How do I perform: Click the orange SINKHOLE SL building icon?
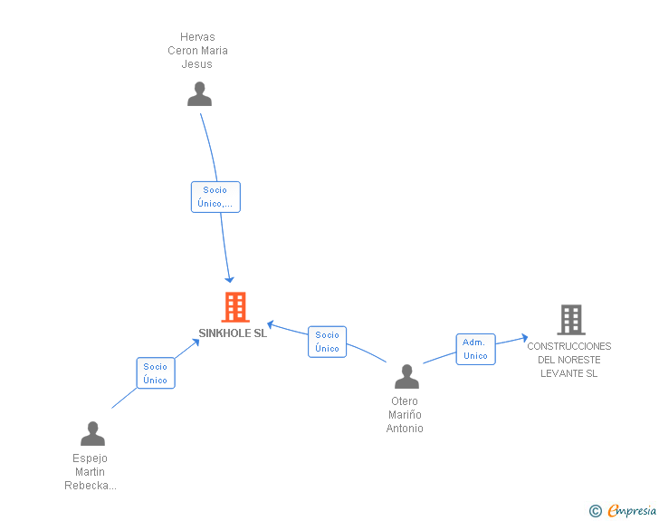(x=235, y=307)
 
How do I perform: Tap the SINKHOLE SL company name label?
(x=233, y=333)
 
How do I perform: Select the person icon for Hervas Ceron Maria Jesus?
(x=199, y=94)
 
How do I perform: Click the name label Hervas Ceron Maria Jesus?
(x=197, y=51)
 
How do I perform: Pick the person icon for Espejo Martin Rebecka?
(x=92, y=434)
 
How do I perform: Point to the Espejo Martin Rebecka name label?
(x=91, y=472)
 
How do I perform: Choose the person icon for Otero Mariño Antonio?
(x=406, y=377)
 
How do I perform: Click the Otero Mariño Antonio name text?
(x=405, y=415)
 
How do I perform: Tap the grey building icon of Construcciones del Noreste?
(x=570, y=320)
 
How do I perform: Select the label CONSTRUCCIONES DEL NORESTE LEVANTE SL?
(x=568, y=360)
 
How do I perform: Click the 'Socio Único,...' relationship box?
(x=215, y=197)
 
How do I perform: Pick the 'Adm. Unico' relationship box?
(x=475, y=349)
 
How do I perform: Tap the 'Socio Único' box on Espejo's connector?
(x=155, y=373)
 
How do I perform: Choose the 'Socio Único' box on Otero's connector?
(x=327, y=342)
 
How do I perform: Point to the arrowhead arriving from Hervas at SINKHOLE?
(x=230, y=278)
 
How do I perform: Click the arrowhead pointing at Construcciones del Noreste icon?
(x=523, y=338)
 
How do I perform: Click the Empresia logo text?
(x=632, y=511)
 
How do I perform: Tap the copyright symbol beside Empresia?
(x=595, y=512)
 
